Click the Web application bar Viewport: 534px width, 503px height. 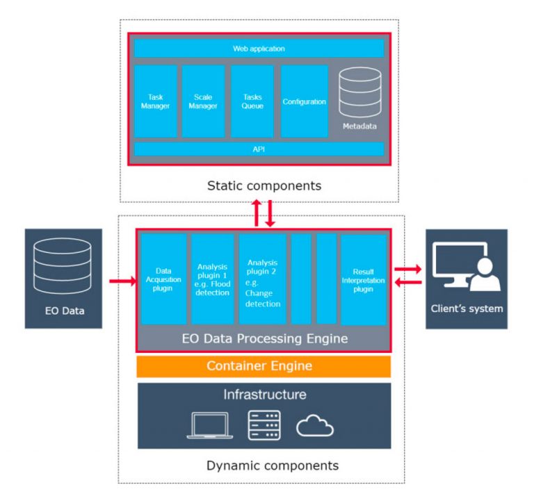(x=259, y=49)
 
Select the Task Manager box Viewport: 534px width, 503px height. (x=156, y=101)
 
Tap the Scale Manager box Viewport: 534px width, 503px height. (x=203, y=101)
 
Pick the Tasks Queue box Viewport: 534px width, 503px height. (x=252, y=101)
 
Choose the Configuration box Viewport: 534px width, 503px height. (x=304, y=101)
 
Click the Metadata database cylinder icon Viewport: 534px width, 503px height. (x=360, y=92)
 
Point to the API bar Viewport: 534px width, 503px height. (x=259, y=149)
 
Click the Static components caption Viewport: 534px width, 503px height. (x=264, y=185)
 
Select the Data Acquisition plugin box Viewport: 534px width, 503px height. (x=164, y=279)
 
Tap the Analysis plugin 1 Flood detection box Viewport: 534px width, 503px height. (x=213, y=279)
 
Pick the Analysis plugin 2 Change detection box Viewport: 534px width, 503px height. (x=263, y=279)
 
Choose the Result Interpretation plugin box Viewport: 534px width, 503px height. (x=364, y=280)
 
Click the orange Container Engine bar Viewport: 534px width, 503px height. (x=264, y=367)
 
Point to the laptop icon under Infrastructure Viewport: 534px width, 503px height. (x=210, y=425)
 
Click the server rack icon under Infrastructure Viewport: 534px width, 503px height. (x=264, y=425)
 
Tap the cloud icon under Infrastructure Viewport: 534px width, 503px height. (x=315, y=425)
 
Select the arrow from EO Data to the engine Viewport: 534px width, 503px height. (x=123, y=281)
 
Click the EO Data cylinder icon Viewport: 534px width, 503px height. (x=63, y=266)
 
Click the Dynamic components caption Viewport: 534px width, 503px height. (x=273, y=465)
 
